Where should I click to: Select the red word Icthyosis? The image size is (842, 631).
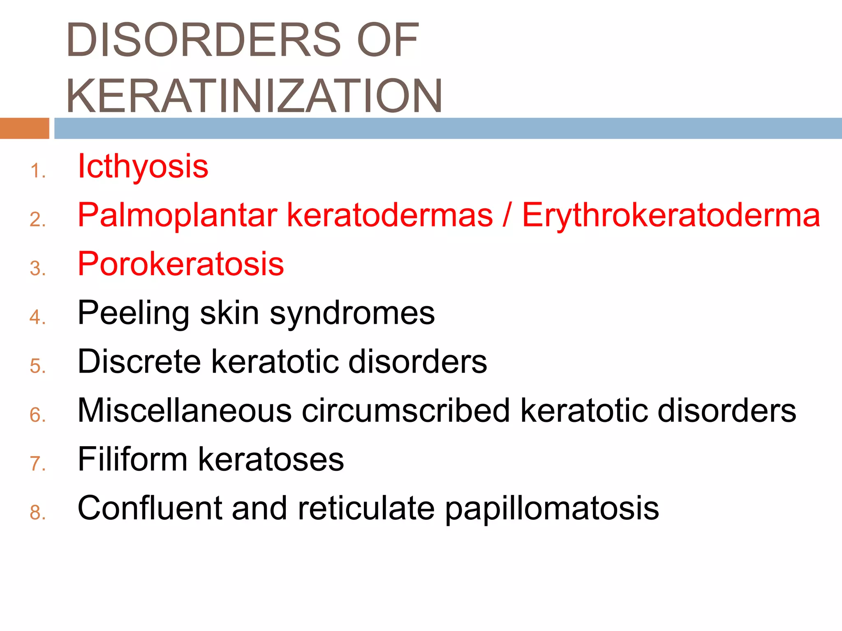pos(143,166)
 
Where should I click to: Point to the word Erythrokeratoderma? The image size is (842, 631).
pos(671,215)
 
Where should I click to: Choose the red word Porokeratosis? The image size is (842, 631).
pos(181,264)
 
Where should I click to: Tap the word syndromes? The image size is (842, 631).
pos(352,313)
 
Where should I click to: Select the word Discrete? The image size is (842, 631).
pos(139,362)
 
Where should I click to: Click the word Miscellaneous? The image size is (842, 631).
pos(185,410)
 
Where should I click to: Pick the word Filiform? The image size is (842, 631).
pos(132,459)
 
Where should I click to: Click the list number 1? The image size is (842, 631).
pos(37,171)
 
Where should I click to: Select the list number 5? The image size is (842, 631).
pos(37,366)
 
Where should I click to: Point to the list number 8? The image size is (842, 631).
pos(37,512)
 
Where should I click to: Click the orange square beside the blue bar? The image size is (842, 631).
pos(24,128)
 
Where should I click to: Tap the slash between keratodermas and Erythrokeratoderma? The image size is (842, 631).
pos(507,215)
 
